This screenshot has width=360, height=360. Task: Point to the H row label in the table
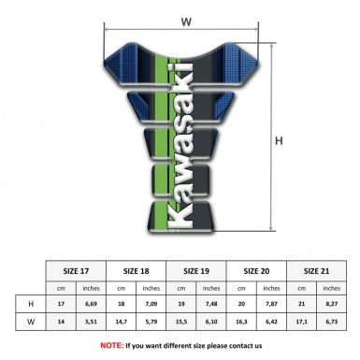click(x=31, y=303)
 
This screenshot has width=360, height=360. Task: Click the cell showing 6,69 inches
click(x=92, y=303)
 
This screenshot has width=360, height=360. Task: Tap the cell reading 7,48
click(x=212, y=303)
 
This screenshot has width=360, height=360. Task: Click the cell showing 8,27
click(x=333, y=303)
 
